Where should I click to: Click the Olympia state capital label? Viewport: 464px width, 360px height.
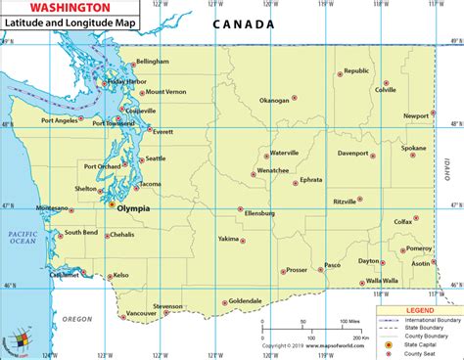(133, 208)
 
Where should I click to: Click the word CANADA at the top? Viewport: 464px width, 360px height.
(240, 24)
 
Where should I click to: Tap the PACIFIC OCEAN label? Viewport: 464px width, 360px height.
(20, 239)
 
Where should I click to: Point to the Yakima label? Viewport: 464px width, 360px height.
(227, 238)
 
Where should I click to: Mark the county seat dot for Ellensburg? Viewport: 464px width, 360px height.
(241, 208)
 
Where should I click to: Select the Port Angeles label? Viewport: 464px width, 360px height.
(60, 120)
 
